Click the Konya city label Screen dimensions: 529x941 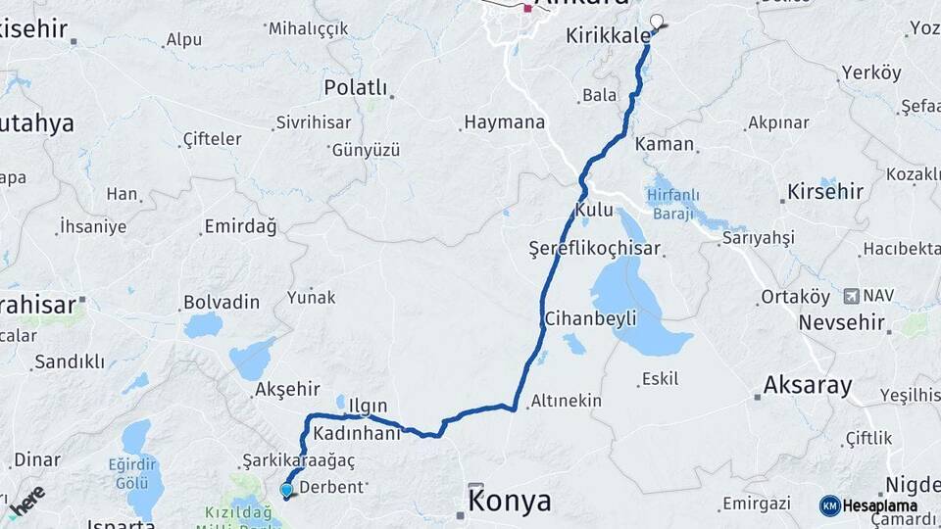pyautogui.click(x=510, y=503)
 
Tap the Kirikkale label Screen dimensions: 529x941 pyautogui.click(x=608, y=36)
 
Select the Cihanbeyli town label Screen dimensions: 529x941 pyautogui.click(x=590, y=318)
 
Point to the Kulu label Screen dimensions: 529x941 pyautogui.click(x=594, y=210)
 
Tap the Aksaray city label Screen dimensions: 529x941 pyautogui.click(x=808, y=384)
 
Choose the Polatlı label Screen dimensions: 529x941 pyautogui.click(x=355, y=88)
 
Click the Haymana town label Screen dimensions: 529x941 pyautogui.click(x=504, y=123)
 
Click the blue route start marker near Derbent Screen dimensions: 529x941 pyautogui.click(x=286, y=490)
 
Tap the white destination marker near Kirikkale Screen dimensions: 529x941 pyautogui.click(x=657, y=20)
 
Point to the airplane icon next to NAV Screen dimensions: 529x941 pyautogui.click(x=850, y=295)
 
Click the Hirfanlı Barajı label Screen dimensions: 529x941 pyautogui.click(x=670, y=204)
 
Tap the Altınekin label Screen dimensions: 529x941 pyautogui.click(x=567, y=401)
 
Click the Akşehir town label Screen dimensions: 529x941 pyautogui.click(x=281, y=389)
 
